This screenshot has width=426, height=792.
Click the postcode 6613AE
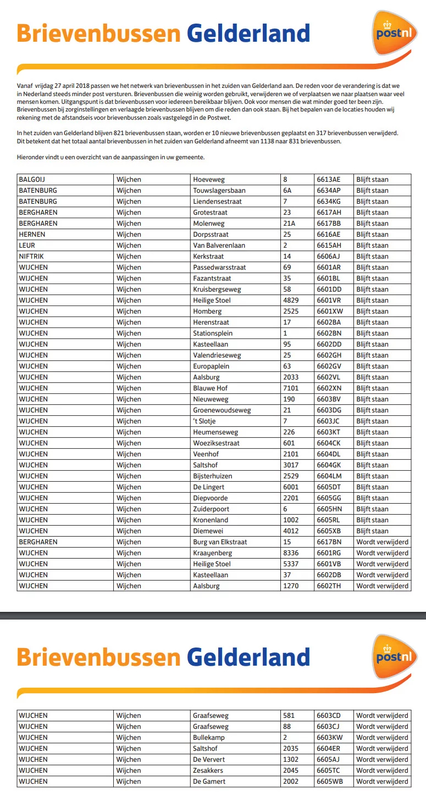coord(328,180)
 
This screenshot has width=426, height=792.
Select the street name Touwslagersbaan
coord(219,191)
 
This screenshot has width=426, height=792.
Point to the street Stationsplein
coord(213,333)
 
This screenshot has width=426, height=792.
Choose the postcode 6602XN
coord(329,388)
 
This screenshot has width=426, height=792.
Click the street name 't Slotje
coord(204,421)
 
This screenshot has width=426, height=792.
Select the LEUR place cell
coord(27,246)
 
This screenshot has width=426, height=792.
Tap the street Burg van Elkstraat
coord(220,542)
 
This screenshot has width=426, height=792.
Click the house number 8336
coord(291,553)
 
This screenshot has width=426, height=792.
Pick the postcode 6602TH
coord(329,586)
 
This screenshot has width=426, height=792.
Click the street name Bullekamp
coord(209,738)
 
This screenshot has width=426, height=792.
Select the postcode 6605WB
coord(329,782)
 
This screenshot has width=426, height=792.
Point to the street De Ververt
coord(209,760)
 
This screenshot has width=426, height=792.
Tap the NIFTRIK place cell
coord(32,256)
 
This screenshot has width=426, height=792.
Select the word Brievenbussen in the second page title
coord(98,657)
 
